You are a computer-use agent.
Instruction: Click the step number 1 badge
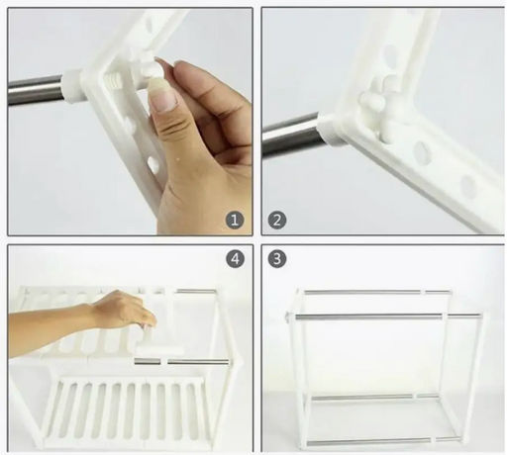coord(235,220)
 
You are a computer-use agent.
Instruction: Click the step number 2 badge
coord(277,220)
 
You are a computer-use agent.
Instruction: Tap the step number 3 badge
coord(277,259)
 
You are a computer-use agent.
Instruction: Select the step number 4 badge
coord(235,259)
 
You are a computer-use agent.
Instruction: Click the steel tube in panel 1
coord(36,90)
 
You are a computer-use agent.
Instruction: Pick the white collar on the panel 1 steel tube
coord(72,86)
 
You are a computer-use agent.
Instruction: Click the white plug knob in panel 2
coord(371,101)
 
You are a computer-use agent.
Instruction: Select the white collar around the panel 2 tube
coord(330,131)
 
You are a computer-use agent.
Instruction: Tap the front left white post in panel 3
coord(296,366)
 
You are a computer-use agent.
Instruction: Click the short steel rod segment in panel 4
coord(148,362)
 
